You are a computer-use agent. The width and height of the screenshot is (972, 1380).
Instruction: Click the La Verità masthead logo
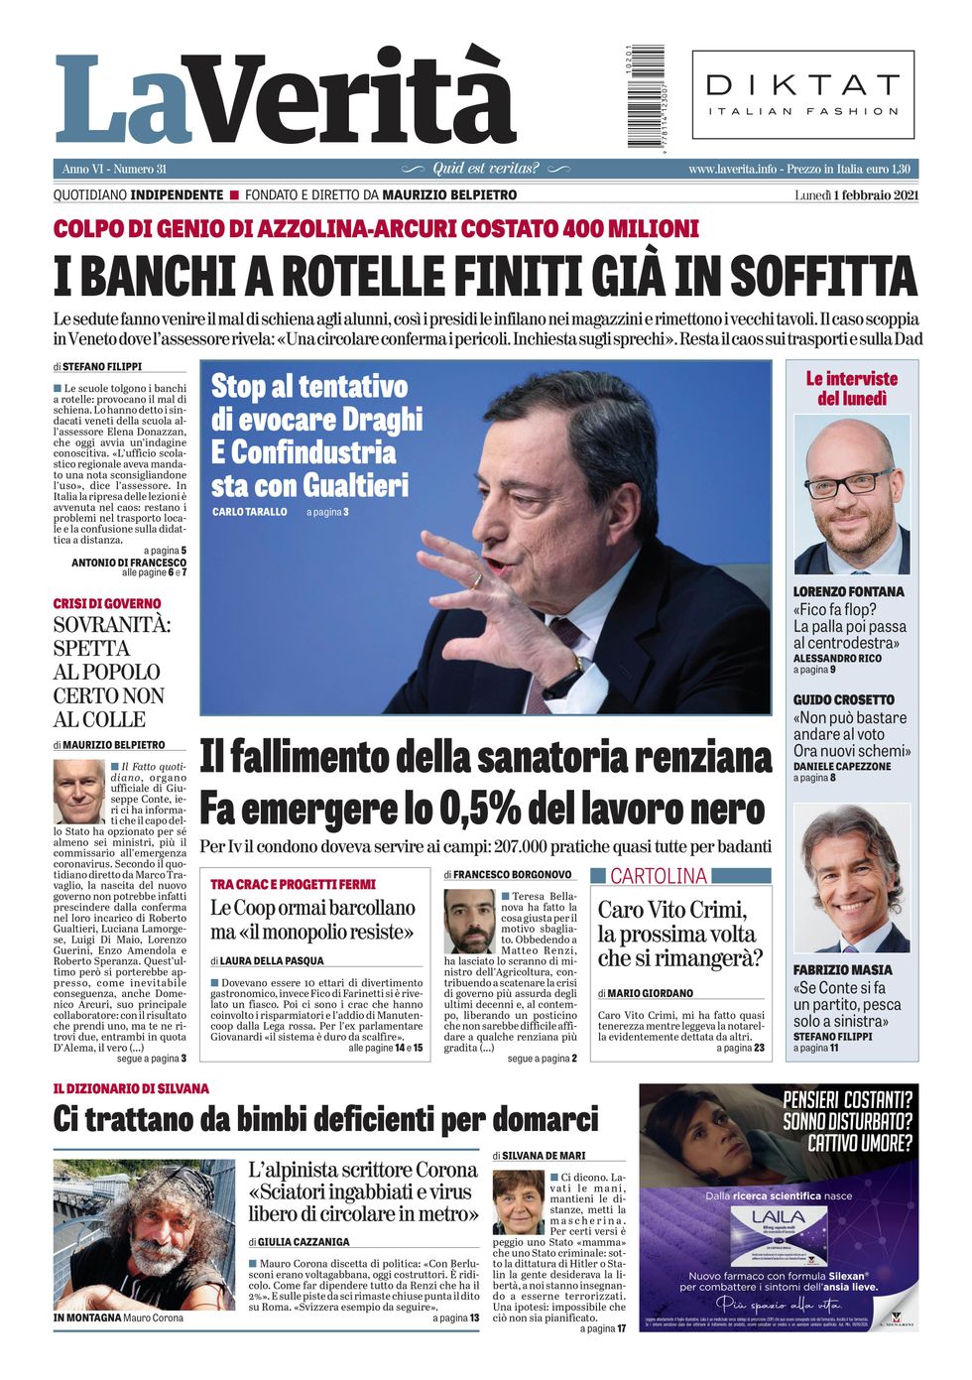click(x=286, y=99)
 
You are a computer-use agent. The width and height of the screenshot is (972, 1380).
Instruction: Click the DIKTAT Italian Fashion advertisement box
click(x=802, y=95)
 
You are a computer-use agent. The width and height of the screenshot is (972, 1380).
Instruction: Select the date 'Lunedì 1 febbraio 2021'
click(x=856, y=195)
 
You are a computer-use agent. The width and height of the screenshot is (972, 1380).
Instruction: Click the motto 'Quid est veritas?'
click(x=486, y=169)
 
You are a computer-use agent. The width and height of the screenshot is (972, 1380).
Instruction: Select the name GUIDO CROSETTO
click(x=843, y=699)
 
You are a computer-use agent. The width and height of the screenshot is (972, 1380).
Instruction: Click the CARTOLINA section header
click(x=659, y=876)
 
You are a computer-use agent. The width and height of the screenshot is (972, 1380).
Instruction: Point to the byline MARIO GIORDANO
click(x=650, y=993)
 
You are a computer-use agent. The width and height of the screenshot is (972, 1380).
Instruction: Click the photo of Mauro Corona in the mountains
click(x=144, y=1235)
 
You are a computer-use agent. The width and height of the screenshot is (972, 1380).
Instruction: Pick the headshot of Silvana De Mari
click(x=518, y=1202)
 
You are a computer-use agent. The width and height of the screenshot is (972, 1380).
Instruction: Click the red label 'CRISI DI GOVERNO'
click(x=107, y=603)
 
